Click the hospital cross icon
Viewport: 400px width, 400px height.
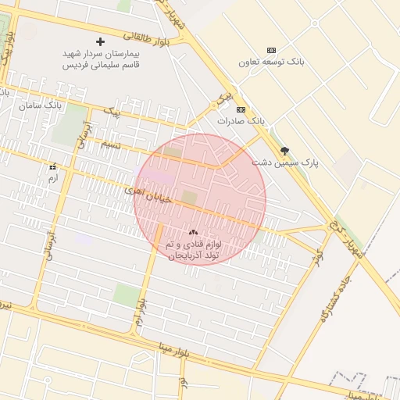(99, 41)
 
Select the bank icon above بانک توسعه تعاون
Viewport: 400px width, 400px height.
(271, 49)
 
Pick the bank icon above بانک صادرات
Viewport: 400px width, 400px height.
(241, 109)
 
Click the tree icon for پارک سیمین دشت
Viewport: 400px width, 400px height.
(284, 151)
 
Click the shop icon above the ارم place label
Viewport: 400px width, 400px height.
(53, 167)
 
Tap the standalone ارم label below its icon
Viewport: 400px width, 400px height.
(53, 178)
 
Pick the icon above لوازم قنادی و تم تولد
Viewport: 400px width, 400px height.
(193, 232)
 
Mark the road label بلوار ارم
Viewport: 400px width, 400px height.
(141, 310)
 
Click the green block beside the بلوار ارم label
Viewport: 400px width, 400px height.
(125, 295)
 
